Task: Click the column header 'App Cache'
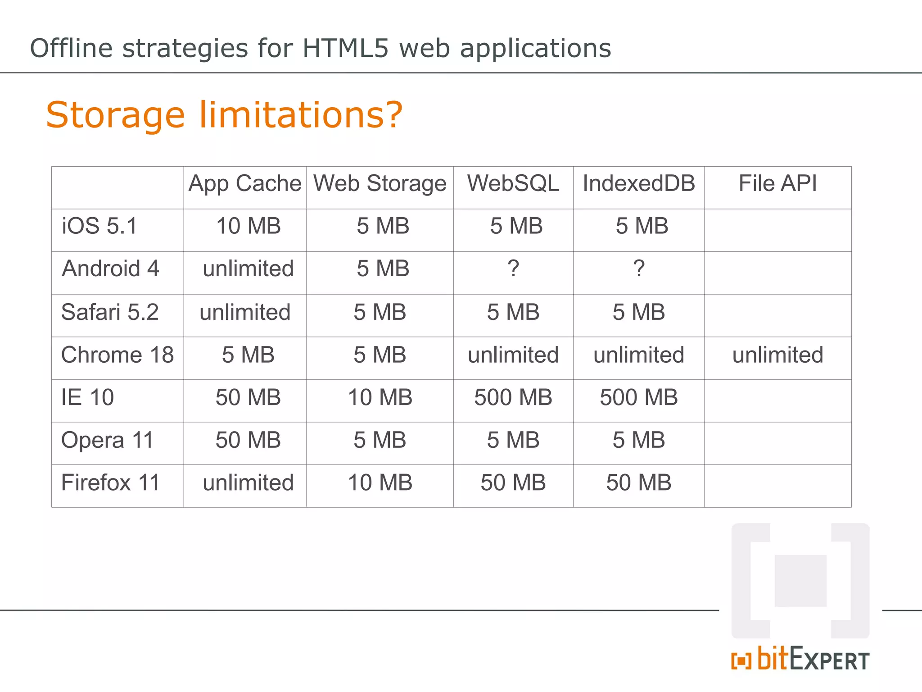pyautogui.click(x=245, y=184)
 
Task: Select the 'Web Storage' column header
pyautogui.click(x=380, y=184)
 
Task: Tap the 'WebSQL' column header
pyautogui.click(x=513, y=184)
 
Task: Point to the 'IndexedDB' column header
pyautogui.click(x=639, y=184)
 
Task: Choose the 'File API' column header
pyautogui.click(x=777, y=184)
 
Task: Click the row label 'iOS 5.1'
pyautogui.click(x=99, y=226)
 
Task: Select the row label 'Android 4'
pyautogui.click(x=111, y=269)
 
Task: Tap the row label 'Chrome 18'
pyautogui.click(x=118, y=355)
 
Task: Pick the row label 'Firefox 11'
pyautogui.click(x=111, y=483)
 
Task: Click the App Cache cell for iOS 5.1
pyautogui.click(x=249, y=226)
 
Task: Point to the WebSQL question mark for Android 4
pyautogui.click(x=513, y=269)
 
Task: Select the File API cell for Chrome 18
pyautogui.click(x=777, y=355)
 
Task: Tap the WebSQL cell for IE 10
pyautogui.click(x=513, y=398)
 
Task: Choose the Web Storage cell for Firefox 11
pyautogui.click(x=380, y=483)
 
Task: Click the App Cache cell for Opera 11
pyautogui.click(x=248, y=440)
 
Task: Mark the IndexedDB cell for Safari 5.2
pyautogui.click(x=639, y=312)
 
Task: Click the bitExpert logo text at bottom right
pyautogui.click(x=800, y=660)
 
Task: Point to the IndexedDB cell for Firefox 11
pyautogui.click(x=639, y=483)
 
